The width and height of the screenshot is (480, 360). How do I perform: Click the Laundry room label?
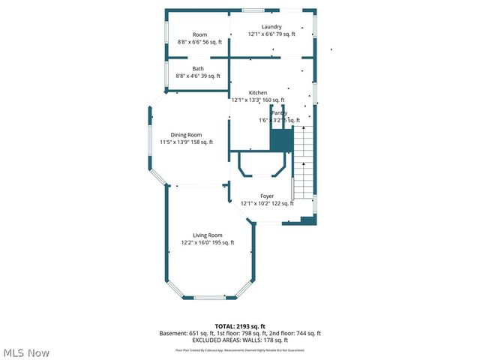coord(271,27)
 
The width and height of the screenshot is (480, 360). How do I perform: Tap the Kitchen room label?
coord(258,92)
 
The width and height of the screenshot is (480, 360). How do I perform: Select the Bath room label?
coord(198,68)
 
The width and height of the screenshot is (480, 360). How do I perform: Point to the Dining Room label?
coord(186,134)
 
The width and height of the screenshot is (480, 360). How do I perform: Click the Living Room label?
coord(208,235)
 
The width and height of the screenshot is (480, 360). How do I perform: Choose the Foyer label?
coord(267,196)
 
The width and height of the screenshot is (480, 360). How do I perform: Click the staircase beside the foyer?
coord(302,169)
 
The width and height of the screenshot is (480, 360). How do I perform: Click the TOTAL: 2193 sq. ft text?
coord(240,326)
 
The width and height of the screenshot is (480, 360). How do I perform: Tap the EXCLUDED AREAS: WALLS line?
coord(240,340)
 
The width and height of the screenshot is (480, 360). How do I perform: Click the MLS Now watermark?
coord(26,352)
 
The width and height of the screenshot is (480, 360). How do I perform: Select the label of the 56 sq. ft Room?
coord(199,34)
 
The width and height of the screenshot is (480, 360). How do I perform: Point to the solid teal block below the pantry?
coord(280,140)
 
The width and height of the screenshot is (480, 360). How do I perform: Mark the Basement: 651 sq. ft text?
coord(186,333)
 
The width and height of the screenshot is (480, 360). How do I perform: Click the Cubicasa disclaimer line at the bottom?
coord(240,349)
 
